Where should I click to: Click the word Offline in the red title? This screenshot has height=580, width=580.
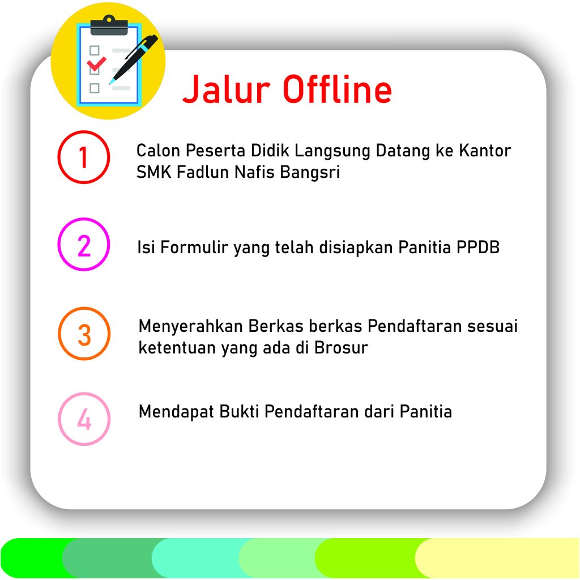pyautogui.click(x=338, y=89)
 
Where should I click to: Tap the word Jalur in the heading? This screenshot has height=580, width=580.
pyautogui.click(x=227, y=89)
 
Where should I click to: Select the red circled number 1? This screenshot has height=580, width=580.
pyautogui.click(x=84, y=157)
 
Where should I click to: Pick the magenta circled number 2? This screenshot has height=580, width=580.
pyautogui.click(x=84, y=244)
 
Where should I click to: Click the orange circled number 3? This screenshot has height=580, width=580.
pyautogui.click(x=84, y=333)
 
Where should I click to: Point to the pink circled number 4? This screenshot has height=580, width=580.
pyautogui.click(x=84, y=419)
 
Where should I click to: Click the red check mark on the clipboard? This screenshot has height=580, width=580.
pyautogui.click(x=96, y=63)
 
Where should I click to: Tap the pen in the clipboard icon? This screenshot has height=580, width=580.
pyautogui.click(x=134, y=59)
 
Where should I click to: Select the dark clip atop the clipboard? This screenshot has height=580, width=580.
pyautogui.click(x=109, y=25)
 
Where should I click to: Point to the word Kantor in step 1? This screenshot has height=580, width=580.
pyautogui.click(x=485, y=151)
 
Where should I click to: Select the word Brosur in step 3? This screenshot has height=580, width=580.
pyautogui.click(x=341, y=347)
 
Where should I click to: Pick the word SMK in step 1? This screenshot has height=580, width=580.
pyautogui.click(x=154, y=172)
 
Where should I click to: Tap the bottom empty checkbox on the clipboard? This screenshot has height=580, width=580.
pyautogui.click(x=95, y=88)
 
